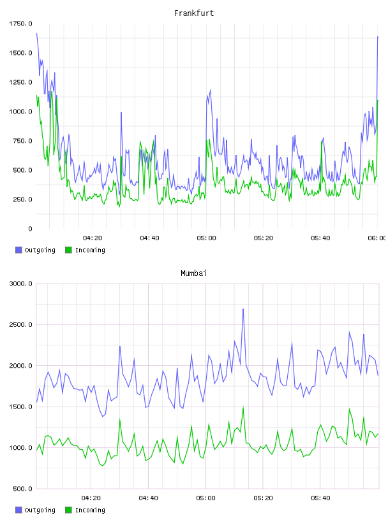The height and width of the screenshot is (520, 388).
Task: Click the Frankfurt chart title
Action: point(194,13)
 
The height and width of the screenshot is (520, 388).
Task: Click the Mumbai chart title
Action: point(193,273)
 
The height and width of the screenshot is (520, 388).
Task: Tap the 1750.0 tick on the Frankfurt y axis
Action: point(20,24)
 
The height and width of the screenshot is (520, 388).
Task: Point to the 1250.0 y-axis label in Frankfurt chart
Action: point(20,82)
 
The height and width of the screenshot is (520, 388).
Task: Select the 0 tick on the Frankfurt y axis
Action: point(30,229)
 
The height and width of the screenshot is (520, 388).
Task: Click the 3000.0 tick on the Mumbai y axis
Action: point(20,284)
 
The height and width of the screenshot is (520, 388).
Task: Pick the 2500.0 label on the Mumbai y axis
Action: point(20,324)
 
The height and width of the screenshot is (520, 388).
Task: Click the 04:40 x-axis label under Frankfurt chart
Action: point(149,238)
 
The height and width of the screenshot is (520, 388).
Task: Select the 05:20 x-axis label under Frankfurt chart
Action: point(264,238)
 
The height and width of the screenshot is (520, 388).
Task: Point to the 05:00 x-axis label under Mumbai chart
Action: point(205,498)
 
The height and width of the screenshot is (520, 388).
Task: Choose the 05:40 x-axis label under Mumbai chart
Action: point(320,498)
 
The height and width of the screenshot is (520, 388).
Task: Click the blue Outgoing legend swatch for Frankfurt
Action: point(19,250)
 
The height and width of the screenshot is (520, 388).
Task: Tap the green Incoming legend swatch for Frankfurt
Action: point(68,250)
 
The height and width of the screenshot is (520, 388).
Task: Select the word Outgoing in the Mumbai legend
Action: point(40,510)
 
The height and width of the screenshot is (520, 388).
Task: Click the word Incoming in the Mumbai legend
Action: point(90,510)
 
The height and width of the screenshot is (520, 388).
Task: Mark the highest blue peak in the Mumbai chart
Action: point(243,309)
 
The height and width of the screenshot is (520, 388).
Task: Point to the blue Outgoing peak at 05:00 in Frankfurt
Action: point(211,90)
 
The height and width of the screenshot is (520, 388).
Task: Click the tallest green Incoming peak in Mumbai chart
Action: point(243,407)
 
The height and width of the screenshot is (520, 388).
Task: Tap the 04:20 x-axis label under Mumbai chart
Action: point(91,498)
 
